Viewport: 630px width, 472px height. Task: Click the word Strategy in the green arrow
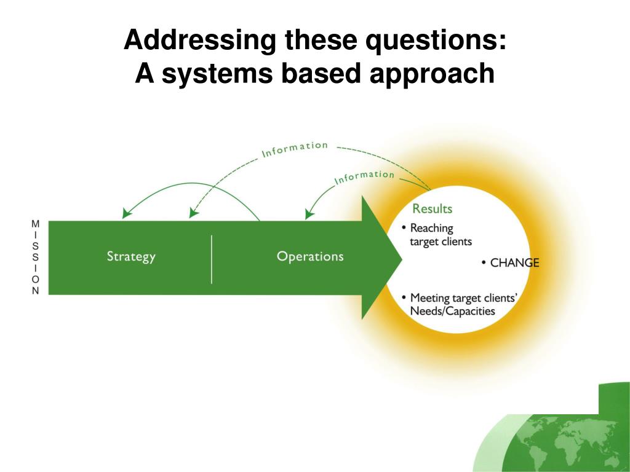[x=131, y=256]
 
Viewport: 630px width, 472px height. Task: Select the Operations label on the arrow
[x=310, y=256]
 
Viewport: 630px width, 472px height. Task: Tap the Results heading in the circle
[x=432, y=209]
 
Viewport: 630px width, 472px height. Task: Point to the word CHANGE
[x=514, y=263]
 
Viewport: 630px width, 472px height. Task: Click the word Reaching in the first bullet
[x=431, y=228]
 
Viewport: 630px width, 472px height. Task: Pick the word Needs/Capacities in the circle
[x=452, y=311]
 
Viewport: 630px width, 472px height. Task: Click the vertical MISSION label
[x=36, y=258]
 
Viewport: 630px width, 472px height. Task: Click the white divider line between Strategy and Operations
[x=212, y=259]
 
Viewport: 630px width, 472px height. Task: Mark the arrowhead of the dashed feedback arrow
[x=193, y=213]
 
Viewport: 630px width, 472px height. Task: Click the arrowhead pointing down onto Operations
[x=309, y=214]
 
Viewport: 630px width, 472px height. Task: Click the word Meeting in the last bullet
[x=430, y=298]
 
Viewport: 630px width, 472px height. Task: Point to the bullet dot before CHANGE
[x=484, y=263]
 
